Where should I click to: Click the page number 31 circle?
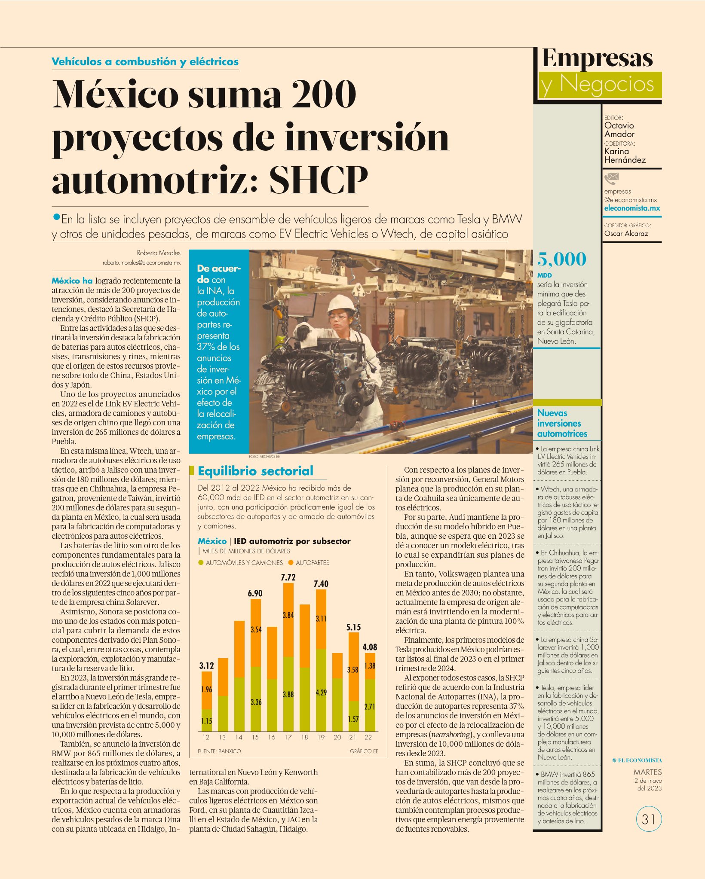649,819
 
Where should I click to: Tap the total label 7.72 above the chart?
288,577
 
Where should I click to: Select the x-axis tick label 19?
321,737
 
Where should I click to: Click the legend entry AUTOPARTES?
309,562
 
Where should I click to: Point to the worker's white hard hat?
342,303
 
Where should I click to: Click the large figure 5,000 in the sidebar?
561,259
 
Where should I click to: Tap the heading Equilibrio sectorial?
255,471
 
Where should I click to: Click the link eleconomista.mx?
632,208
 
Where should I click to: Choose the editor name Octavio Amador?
619,130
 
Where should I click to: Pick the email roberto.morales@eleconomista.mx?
141,262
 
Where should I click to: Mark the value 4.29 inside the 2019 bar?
321,693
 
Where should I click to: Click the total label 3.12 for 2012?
206,665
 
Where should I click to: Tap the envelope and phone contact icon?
611,177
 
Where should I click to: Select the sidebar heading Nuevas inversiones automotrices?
562,423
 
